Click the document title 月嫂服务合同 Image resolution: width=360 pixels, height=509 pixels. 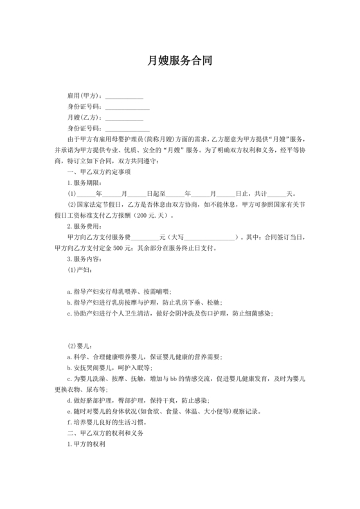pyautogui.click(x=179, y=62)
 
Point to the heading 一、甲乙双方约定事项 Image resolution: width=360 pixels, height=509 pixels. pyautogui.click(x=99, y=172)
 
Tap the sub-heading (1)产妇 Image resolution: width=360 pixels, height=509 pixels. pyautogui.click(x=81, y=270)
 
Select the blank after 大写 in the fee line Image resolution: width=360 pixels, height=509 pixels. pyautogui.click(x=210, y=237)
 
